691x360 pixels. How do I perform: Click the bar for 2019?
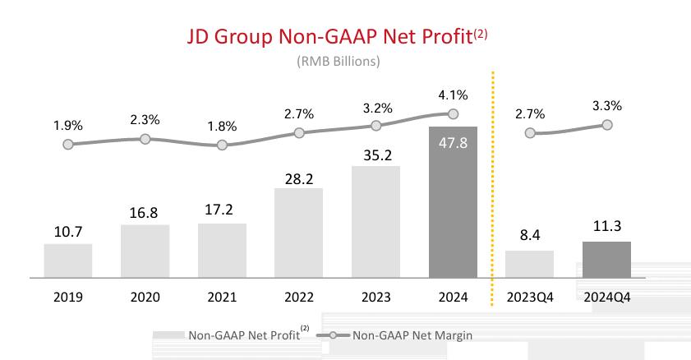pos(68,261)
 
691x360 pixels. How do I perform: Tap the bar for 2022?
pos(299,233)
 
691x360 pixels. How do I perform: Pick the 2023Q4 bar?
pos(530,265)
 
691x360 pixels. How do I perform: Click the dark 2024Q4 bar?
pos(607,260)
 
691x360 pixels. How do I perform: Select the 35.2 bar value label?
pos(376,154)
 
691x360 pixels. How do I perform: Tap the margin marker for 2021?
pos(222,145)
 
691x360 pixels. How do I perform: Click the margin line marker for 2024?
pos(453,114)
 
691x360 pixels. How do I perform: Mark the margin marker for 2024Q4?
pos(607,125)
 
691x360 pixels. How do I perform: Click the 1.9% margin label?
pos(68,126)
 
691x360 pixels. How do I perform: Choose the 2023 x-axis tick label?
pos(376,296)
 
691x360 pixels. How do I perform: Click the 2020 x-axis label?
pos(145,296)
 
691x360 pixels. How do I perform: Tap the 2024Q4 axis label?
pos(607,296)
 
